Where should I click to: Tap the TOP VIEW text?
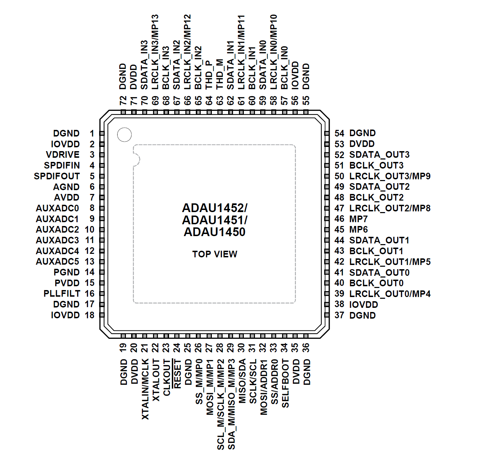pyautogui.click(x=215, y=254)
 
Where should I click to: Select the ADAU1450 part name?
pyautogui.click(x=215, y=232)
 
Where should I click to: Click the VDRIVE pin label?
pyautogui.click(x=63, y=155)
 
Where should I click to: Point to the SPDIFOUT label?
pyautogui.click(x=57, y=176)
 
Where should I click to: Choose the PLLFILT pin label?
pyautogui.click(x=62, y=294)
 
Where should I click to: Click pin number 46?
pyautogui.click(x=339, y=219)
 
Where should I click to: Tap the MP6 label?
pyautogui.click(x=358, y=229)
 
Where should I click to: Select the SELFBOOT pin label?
pyautogui.click(x=285, y=383)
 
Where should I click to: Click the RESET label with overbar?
pyautogui.click(x=177, y=373)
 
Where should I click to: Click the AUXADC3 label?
pyautogui.click(x=57, y=240)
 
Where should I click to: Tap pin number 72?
pyautogui.click(x=123, y=101)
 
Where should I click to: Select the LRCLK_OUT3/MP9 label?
pyautogui.click(x=390, y=176)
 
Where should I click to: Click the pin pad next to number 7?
pyautogui.click(x=102, y=197)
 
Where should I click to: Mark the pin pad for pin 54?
pyautogui.click(x=327, y=133)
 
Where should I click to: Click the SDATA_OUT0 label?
pyautogui.click(x=379, y=272)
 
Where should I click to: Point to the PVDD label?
pyautogui.click(x=67, y=283)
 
